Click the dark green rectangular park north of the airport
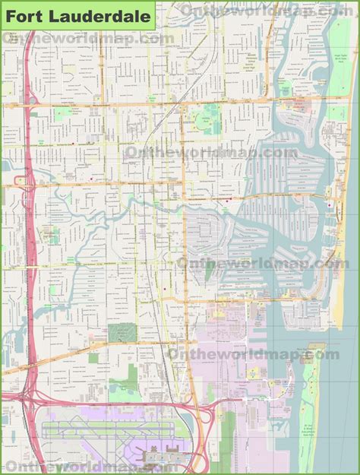[120, 334]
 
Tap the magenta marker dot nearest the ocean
[328, 204]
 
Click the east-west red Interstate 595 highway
[114, 401]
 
